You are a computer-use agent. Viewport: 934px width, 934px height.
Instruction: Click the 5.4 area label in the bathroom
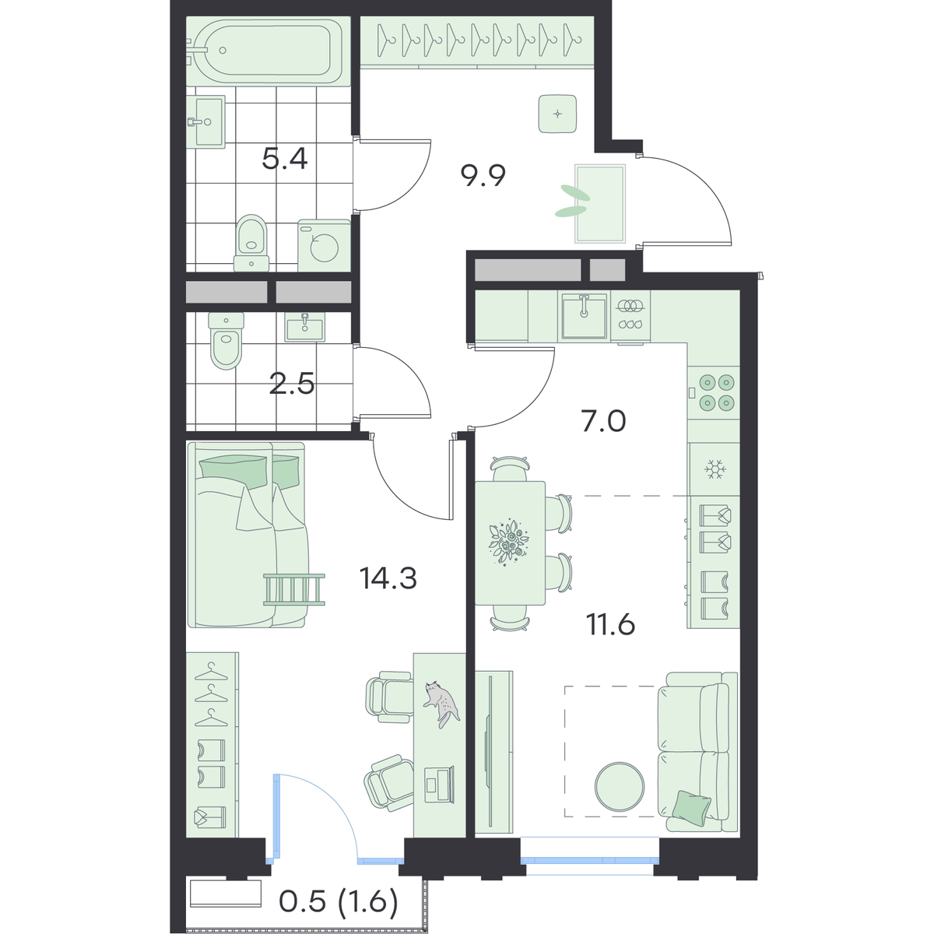(x=285, y=159)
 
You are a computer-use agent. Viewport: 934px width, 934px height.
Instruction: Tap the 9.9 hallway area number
(x=483, y=175)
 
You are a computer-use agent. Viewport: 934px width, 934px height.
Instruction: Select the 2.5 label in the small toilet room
(x=292, y=384)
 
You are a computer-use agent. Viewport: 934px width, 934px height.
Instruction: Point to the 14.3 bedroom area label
(x=388, y=578)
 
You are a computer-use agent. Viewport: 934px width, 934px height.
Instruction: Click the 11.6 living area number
(x=611, y=624)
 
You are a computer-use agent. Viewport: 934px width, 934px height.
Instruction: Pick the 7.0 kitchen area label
(x=603, y=421)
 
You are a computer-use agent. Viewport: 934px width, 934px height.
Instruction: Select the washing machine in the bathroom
(x=325, y=245)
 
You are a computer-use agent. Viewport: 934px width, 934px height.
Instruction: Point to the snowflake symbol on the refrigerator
(x=714, y=469)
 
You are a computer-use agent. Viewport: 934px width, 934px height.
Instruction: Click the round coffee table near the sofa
(x=620, y=800)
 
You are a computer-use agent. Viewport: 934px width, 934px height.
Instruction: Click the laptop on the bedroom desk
(x=440, y=797)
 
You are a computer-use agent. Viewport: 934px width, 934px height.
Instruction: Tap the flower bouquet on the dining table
(x=509, y=542)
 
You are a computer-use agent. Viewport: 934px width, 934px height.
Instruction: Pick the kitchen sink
(x=584, y=316)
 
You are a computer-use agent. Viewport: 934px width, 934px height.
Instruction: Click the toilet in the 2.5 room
(x=226, y=340)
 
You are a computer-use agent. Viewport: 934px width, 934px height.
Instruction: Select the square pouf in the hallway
(x=558, y=114)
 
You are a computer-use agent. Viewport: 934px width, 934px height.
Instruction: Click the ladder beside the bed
(x=294, y=589)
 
